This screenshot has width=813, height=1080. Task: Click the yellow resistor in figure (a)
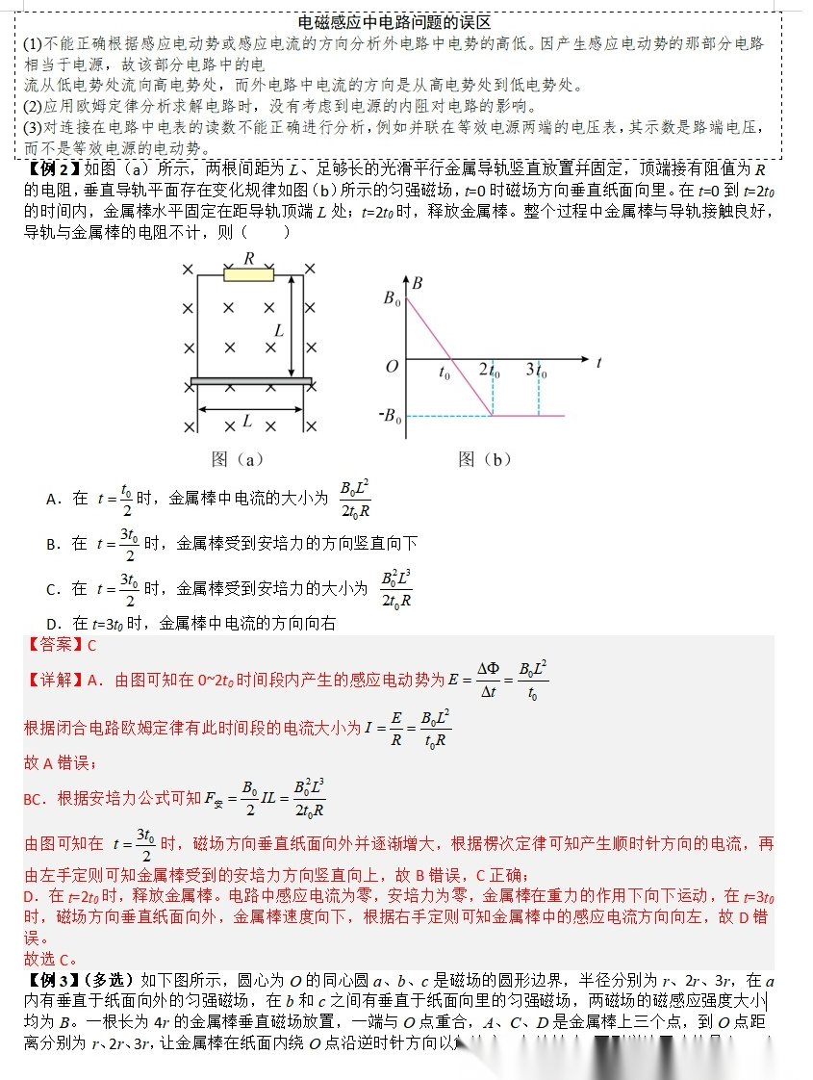(248, 275)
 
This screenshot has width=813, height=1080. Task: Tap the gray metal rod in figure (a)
(251, 382)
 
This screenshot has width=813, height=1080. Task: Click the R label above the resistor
(249, 258)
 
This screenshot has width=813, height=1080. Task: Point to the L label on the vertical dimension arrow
(279, 329)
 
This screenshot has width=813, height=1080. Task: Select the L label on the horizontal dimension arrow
(247, 421)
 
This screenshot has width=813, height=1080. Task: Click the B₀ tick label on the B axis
(392, 298)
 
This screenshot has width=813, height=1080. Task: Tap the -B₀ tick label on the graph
(389, 416)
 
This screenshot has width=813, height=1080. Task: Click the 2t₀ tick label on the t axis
(490, 371)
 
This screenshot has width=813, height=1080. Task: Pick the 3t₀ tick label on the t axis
(536, 371)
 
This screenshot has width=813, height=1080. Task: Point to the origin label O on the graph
(392, 367)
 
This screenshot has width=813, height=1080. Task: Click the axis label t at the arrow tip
(598, 363)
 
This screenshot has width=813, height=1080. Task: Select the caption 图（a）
(237, 459)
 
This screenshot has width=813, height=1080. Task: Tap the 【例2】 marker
(51, 170)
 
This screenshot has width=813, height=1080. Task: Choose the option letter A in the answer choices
(53, 499)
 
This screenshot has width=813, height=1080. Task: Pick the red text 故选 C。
(50, 959)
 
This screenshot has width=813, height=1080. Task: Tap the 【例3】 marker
(51, 981)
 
